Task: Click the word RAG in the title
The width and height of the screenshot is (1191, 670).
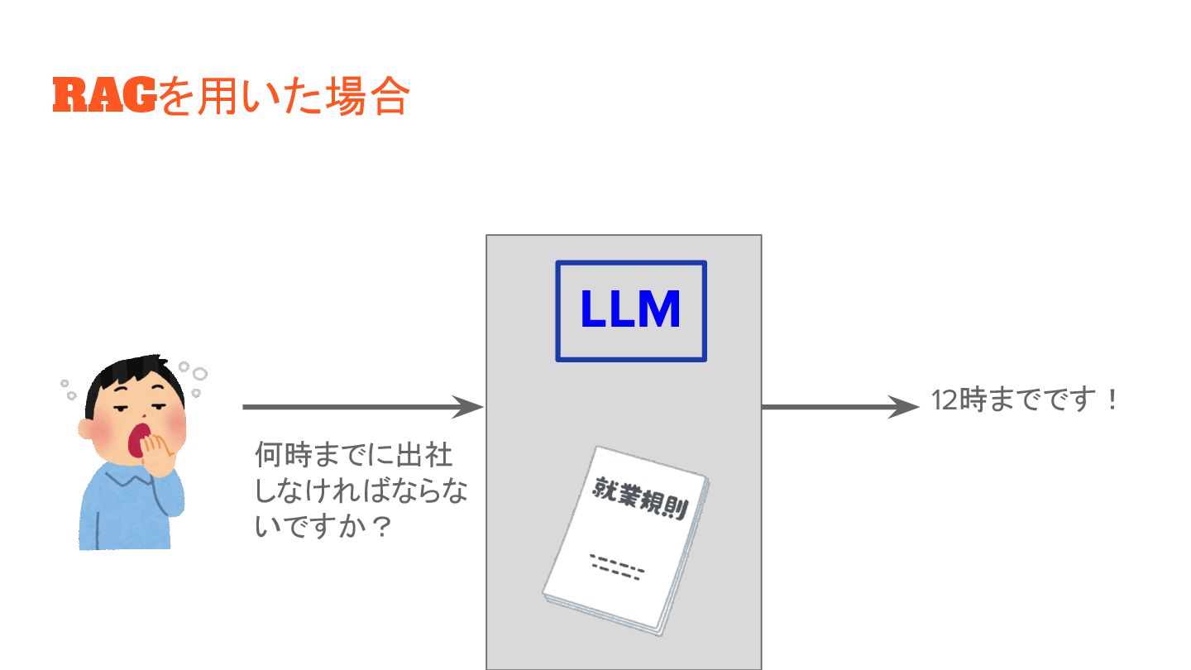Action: click(x=104, y=96)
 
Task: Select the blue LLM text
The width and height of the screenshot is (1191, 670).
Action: click(x=630, y=310)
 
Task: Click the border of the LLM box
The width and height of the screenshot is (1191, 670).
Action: click(x=557, y=311)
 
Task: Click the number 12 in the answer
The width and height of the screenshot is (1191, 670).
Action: click(x=944, y=401)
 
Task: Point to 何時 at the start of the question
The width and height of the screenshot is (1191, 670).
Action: click(x=281, y=456)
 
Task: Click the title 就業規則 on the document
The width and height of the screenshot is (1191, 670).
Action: click(x=641, y=497)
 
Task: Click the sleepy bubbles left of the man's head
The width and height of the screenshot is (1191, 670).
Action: click(x=67, y=389)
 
